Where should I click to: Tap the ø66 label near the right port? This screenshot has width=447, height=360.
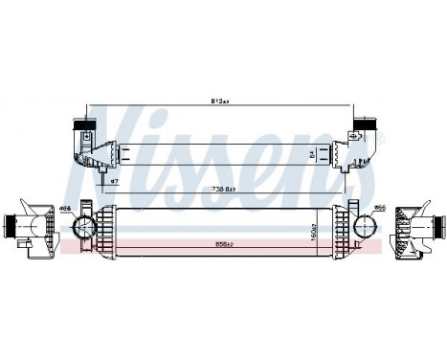pos(380,208)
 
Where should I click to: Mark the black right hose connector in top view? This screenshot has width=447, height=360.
pos(364,125)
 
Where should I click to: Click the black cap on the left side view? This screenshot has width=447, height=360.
pos(9,227)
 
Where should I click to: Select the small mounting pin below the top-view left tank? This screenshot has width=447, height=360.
pos(102,175)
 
